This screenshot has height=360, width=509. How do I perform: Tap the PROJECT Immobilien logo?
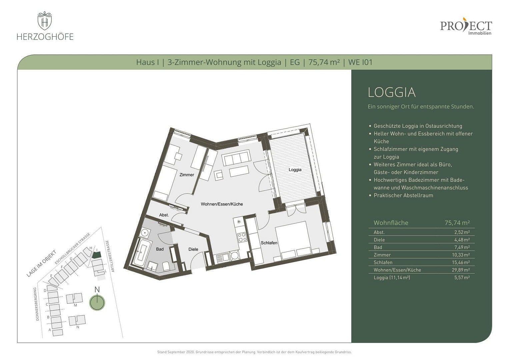tap(466, 27)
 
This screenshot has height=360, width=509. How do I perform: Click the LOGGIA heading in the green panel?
tap(392, 92)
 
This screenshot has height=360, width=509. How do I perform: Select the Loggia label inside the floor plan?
tap(295, 170)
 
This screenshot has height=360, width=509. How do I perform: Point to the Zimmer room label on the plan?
tap(186, 175)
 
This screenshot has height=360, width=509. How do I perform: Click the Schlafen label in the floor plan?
tap(269, 243)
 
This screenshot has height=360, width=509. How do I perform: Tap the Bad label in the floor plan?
tap(160, 249)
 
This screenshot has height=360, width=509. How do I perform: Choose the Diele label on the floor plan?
tap(193, 249)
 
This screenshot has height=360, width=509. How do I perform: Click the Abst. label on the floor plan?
tap(164, 215)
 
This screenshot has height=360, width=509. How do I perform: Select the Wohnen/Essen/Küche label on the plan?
tap(222, 204)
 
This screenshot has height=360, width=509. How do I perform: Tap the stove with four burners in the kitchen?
tap(241, 237)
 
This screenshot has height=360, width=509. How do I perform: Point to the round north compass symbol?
tap(97, 303)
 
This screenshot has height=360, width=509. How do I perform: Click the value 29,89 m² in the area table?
tap(462, 270)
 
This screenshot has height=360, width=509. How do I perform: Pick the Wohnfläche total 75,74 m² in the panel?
tap(457, 223)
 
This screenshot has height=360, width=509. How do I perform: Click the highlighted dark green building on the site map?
tap(96, 255)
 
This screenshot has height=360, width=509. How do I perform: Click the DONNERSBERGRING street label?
tap(37, 304)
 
